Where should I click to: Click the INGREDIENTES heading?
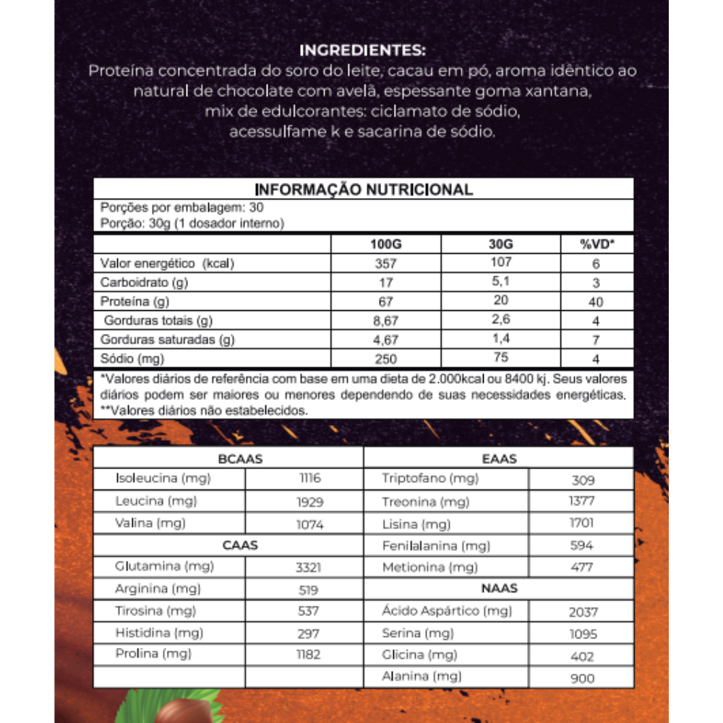click(x=362, y=51)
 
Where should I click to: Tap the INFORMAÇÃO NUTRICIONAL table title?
click(x=364, y=189)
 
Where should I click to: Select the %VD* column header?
click(x=596, y=244)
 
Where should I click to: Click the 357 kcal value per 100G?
click(x=385, y=263)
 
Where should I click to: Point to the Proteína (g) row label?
click(x=137, y=301)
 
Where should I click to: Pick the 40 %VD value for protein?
click(x=596, y=301)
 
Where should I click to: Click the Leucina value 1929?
click(x=309, y=502)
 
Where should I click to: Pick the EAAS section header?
click(x=499, y=458)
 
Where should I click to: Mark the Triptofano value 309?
click(x=582, y=480)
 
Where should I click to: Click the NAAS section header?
click(x=499, y=589)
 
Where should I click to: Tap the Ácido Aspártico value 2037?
click(x=583, y=612)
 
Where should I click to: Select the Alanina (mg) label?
click(x=422, y=677)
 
